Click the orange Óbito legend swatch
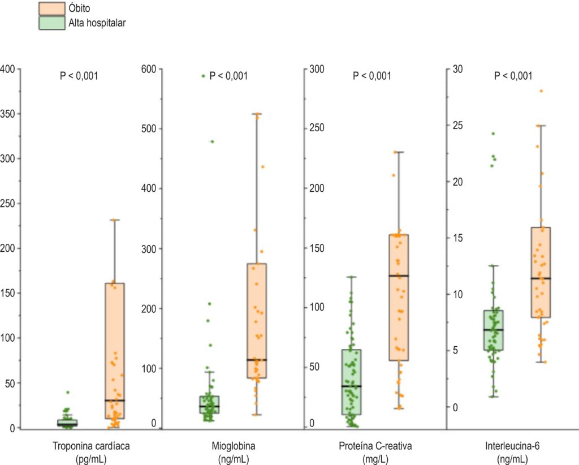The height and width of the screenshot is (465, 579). click(51, 8)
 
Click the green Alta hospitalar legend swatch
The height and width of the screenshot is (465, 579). click(51, 23)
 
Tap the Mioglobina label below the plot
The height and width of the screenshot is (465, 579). click(234, 446)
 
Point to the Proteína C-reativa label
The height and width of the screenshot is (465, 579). click(375, 446)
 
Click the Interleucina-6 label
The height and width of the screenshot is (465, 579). click(512, 446)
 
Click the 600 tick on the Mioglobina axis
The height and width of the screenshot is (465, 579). click(149, 69)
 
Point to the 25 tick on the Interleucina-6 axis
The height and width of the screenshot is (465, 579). click(457, 126)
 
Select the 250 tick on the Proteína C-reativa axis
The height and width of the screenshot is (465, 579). click(317, 128)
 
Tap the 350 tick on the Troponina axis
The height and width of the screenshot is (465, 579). click(8, 114)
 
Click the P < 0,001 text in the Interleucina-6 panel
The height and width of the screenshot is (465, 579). click(513, 76)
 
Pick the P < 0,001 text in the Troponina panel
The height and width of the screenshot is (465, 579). click(79, 76)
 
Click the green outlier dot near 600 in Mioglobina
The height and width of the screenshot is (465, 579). click(203, 76)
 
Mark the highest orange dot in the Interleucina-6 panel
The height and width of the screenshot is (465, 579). click(541, 91)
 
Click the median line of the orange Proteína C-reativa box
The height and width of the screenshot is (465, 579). click(399, 276)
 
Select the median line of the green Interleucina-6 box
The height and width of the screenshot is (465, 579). click(494, 329)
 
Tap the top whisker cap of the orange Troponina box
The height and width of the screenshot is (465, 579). click(114, 220)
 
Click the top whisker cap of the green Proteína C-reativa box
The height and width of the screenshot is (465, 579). click(352, 277)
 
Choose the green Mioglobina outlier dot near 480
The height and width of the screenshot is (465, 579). click(212, 141)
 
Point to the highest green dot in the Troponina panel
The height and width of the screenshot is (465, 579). click(68, 392)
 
